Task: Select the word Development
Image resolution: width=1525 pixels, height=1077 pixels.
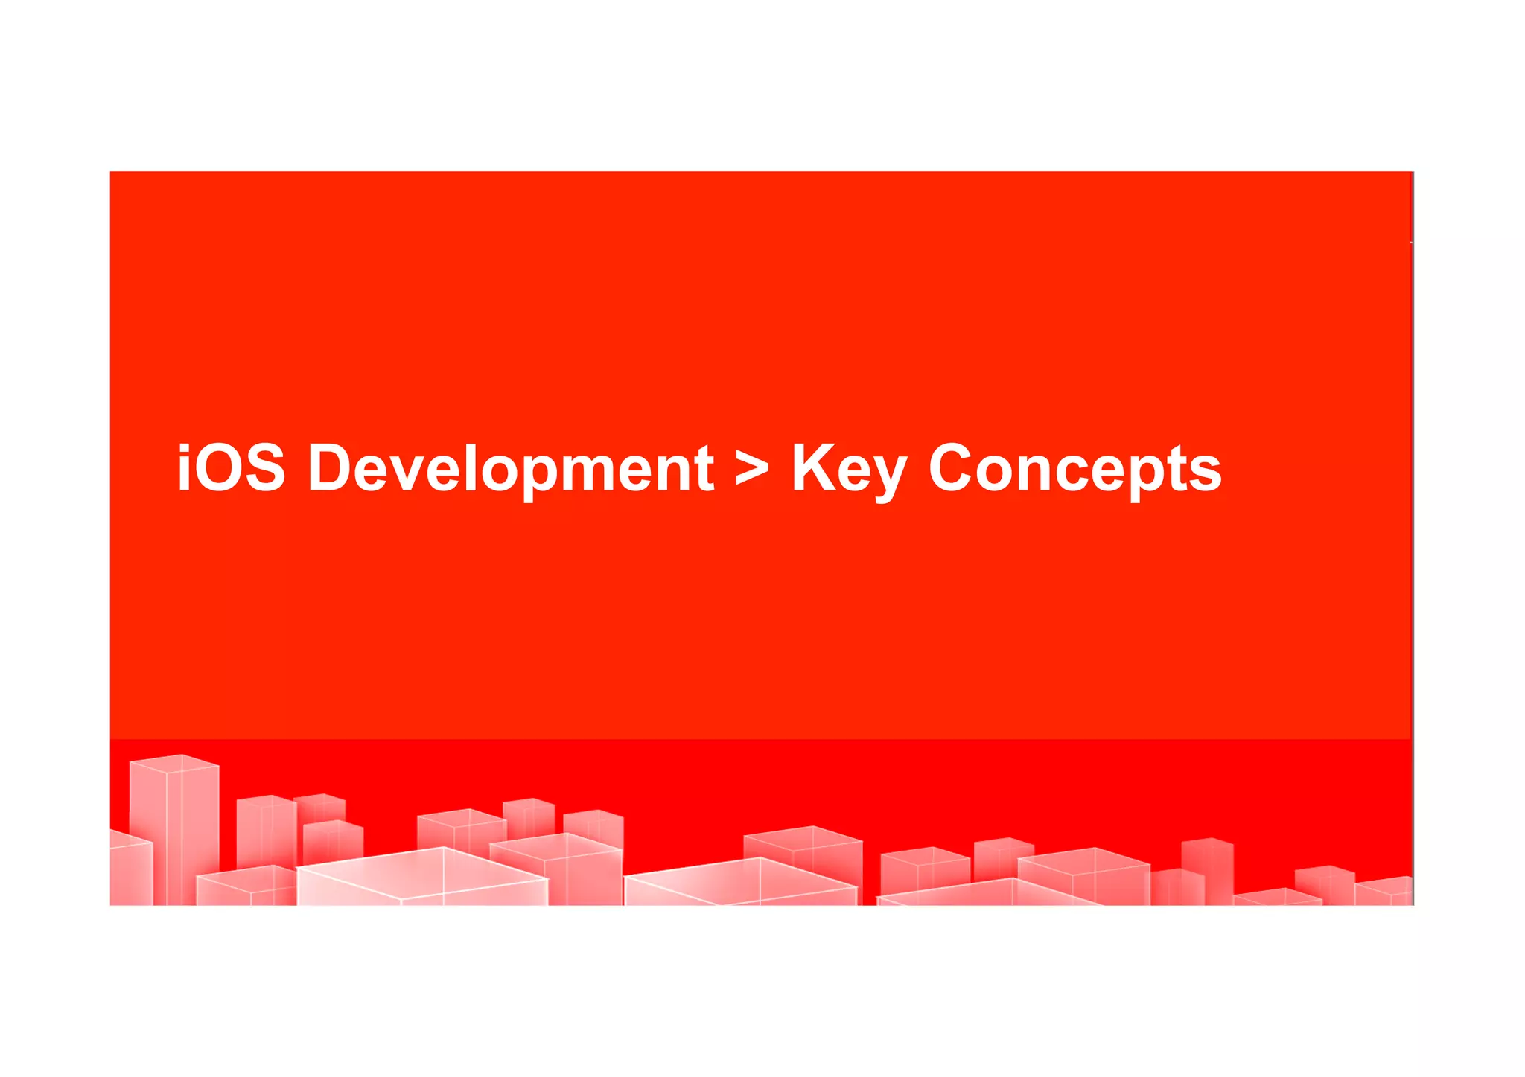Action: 511,469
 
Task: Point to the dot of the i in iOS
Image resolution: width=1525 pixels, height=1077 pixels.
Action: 183,447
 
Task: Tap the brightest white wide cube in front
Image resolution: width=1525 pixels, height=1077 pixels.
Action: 421,878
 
